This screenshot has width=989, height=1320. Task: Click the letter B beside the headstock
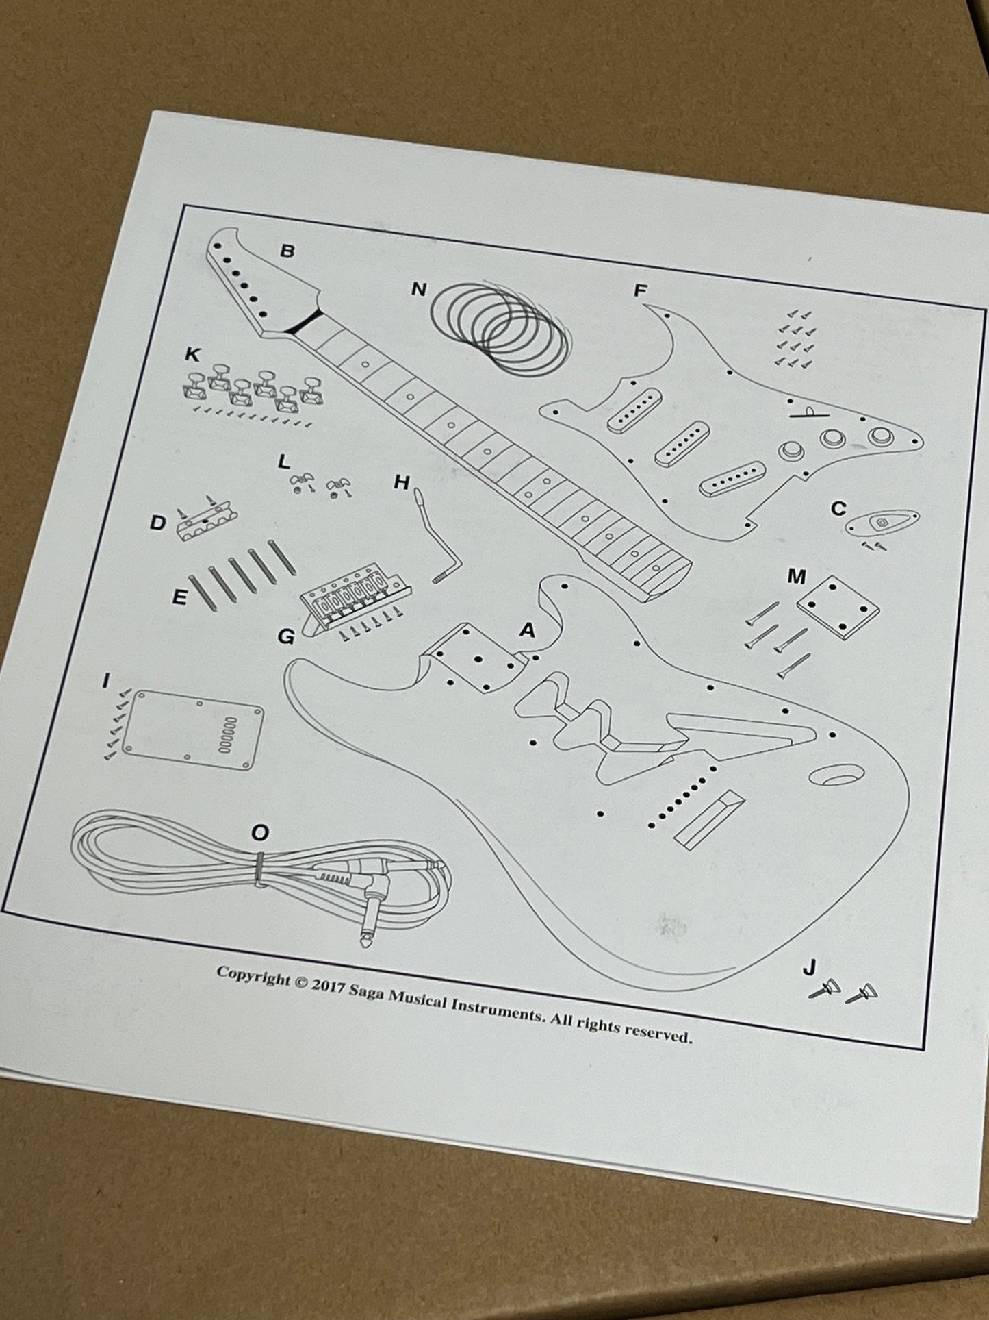click(x=287, y=251)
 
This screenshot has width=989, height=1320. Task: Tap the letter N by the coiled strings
click(x=418, y=290)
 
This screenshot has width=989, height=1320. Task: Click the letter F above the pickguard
click(x=640, y=291)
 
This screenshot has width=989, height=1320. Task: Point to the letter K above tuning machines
click(x=193, y=354)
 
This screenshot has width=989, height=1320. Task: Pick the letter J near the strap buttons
click(x=809, y=967)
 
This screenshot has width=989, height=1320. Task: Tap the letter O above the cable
click(x=260, y=832)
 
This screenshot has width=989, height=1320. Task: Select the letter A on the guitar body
click(x=526, y=630)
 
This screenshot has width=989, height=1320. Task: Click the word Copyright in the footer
click(x=253, y=976)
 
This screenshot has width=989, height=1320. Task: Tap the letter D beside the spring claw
click(x=158, y=523)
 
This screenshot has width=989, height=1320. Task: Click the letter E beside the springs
click(x=179, y=597)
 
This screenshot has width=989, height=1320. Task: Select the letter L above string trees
click(x=283, y=462)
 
